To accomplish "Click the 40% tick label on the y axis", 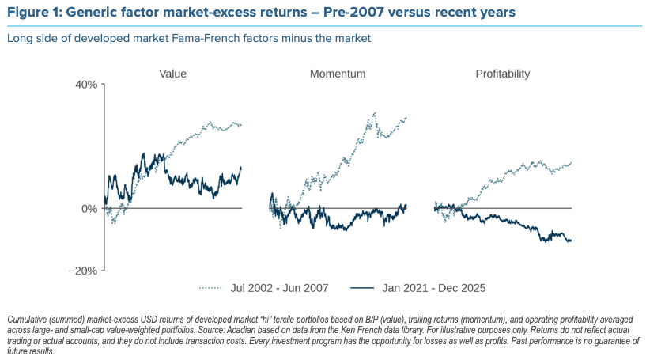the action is (x=85, y=85).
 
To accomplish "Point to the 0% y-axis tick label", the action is (x=89, y=209).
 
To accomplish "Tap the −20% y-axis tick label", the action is (x=83, y=271).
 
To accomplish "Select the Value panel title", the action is (x=172, y=74).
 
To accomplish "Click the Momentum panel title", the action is (x=338, y=74).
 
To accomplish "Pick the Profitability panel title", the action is (x=503, y=74).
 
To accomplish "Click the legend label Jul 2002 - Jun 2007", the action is (x=279, y=288).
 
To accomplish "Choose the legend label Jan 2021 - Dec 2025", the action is (x=434, y=288).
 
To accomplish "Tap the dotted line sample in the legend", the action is (x=210, y=288).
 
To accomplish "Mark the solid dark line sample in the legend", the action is (x=362, y=288).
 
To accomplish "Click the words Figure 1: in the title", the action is (x=35, y=13).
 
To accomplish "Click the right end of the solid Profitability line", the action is (x=571, y=241).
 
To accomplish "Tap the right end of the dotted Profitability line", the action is (x=571, y=163).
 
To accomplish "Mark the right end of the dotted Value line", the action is (x=241, y=125).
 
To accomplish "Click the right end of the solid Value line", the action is (x=241, y=168).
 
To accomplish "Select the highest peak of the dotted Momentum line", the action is (x=375, y=113).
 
